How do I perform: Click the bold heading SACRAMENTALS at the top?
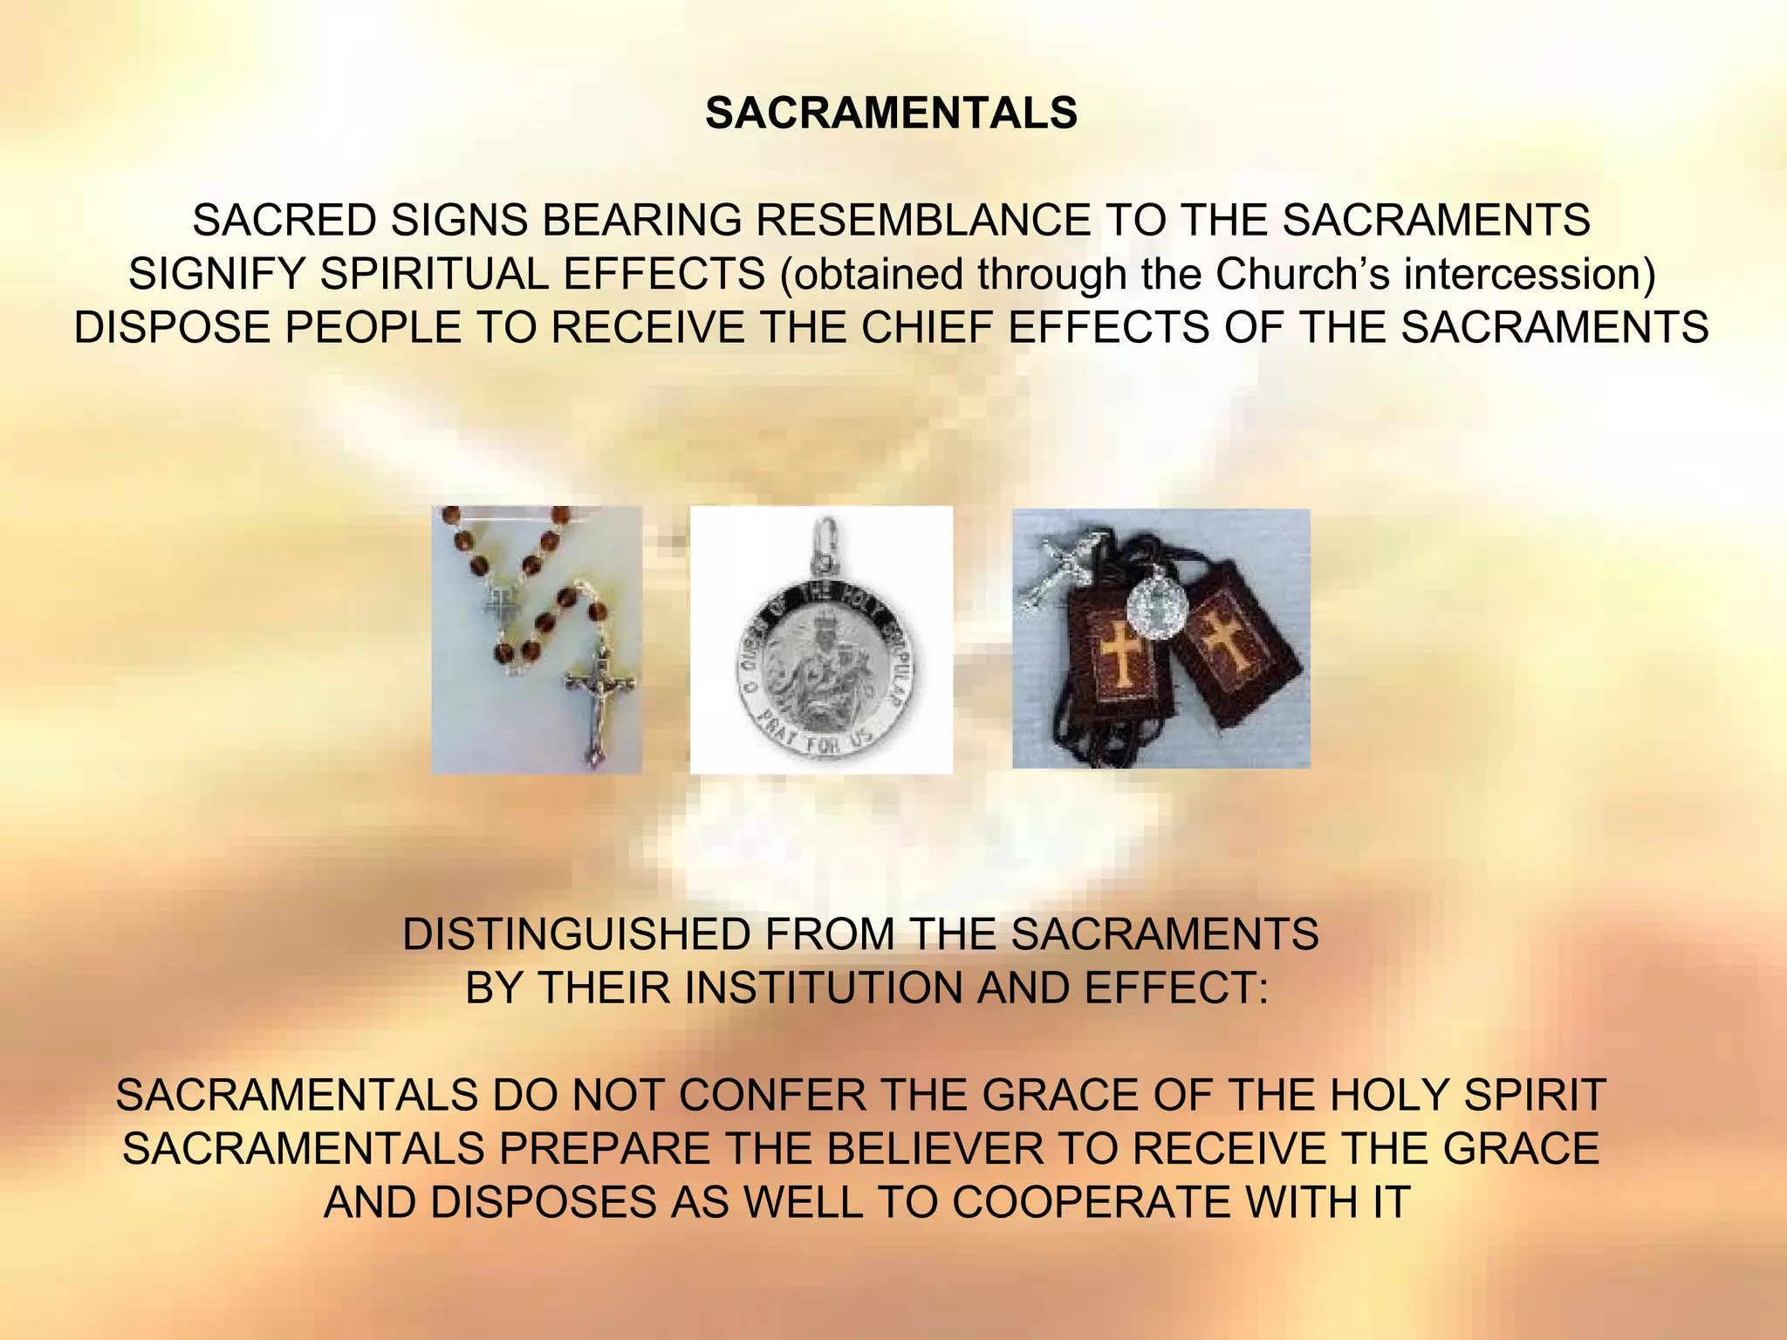pyautogui.click(x=891, y=113)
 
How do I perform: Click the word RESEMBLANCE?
pyautogui.click(x=922, y=220)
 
